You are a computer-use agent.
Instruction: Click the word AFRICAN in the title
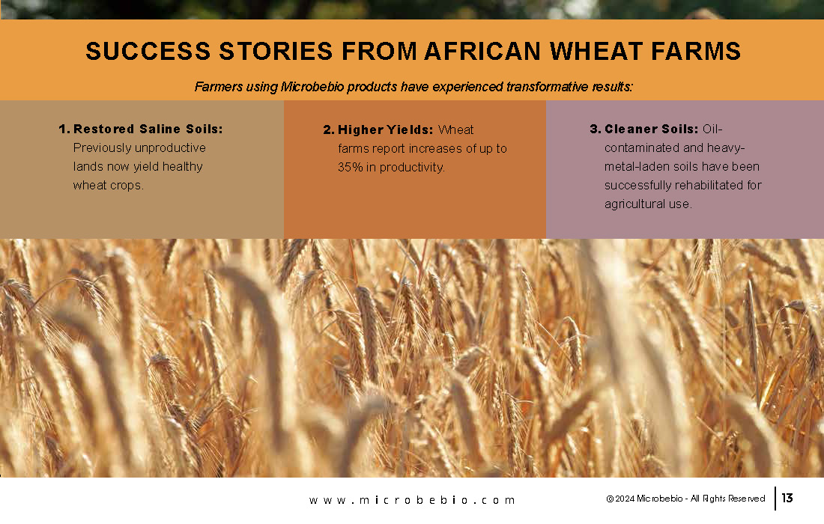(482, 51)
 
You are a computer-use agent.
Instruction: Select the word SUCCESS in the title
(148, 51)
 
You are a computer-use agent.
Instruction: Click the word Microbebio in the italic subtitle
(312, 87)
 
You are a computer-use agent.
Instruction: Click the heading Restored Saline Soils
(148, 129)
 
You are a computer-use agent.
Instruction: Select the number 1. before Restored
(64, 129)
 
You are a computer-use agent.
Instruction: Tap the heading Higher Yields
(385, 130)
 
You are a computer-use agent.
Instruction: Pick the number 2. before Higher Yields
(329, 130)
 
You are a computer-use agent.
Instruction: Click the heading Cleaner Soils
(651, 129)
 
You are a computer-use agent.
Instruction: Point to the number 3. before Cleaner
(596, 129)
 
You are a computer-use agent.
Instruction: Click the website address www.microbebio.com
(412, 500)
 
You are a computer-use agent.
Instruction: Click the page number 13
(787, 498)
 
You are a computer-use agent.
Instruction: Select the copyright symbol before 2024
(610, 499)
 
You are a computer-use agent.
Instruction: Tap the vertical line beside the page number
(775, 499)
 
